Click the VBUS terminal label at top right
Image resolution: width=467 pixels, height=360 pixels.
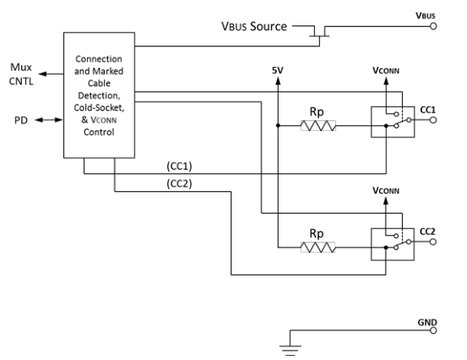pos(426,15)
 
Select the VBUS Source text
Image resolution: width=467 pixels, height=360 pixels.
pos(253,27)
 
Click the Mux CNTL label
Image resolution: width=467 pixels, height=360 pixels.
pos(19,75)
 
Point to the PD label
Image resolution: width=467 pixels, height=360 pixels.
pos(21,121)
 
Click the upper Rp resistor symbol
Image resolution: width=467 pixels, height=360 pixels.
pos(318,127)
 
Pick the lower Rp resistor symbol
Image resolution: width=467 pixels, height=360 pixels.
pos(318,248)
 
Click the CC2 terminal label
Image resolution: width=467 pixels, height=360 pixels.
pos(427,230)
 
